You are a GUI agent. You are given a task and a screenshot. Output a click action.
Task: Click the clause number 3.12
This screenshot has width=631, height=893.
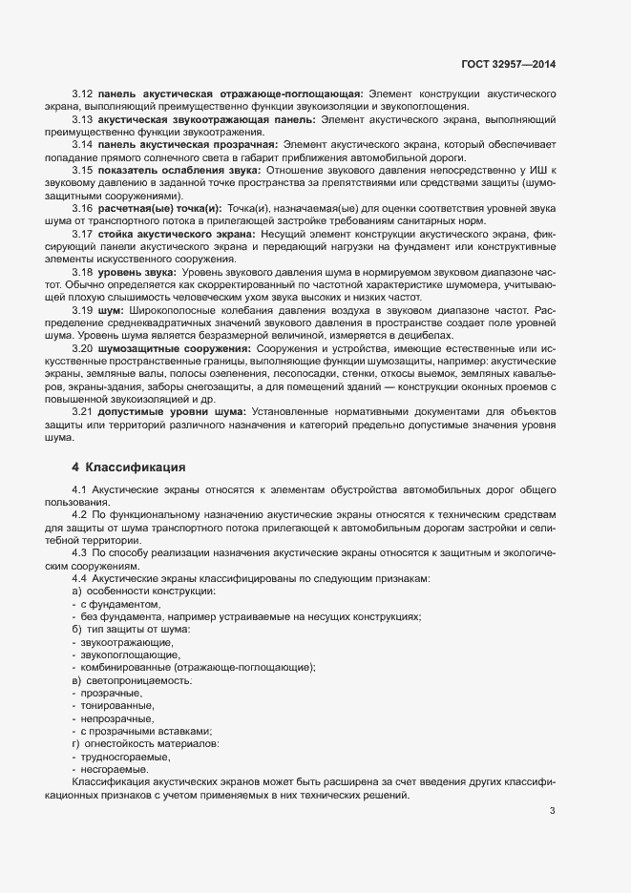82,95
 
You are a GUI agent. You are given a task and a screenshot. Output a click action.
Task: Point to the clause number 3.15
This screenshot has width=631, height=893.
82,169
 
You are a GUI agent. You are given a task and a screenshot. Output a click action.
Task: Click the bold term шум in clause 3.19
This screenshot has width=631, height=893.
111,311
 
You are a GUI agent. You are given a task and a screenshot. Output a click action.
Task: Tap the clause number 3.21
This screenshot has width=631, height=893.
82,411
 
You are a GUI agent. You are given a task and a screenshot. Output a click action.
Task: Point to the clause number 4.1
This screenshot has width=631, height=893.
80,489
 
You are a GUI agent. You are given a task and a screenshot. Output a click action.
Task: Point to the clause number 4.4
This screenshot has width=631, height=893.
80,578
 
